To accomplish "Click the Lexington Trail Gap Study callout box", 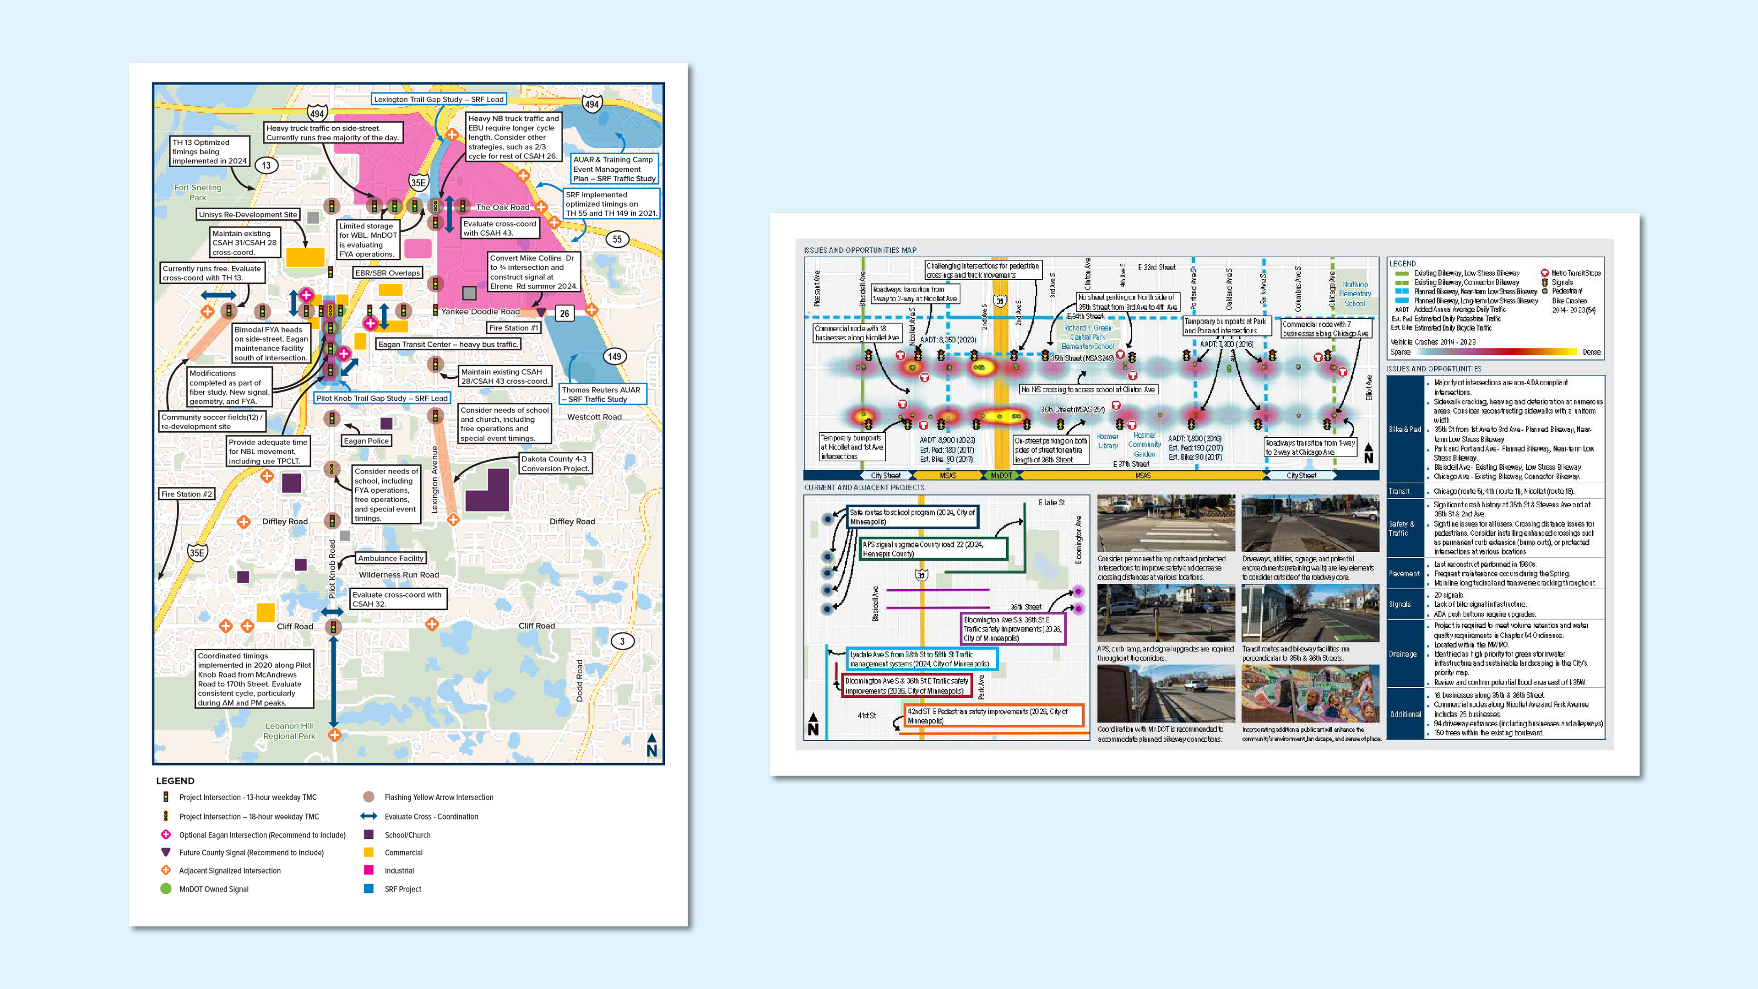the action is [x=439, y=99].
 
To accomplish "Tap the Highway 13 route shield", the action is [x=266, y=165].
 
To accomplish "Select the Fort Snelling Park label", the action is [x=197, y=192].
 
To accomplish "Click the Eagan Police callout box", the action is [x=366, y=441].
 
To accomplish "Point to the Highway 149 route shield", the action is [x=614, y=356].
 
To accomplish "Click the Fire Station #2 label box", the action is [x=187, y=494].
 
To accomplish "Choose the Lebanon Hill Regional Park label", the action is [x=289, y=731].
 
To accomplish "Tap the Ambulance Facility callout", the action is [x=391, y=558].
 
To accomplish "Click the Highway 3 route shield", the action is [x=622, y=641].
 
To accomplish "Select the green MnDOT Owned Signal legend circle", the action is [x=165, y=889].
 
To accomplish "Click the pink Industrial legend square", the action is [x=369, y=870].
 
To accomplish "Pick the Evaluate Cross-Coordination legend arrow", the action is [x=369, y=816].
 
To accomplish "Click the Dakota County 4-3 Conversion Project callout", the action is [x=555, y=463].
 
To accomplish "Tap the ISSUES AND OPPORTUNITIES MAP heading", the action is [x=860, y=250].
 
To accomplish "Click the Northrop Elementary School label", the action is [x=1355, y=293].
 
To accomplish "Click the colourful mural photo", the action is [x=1310, y=694].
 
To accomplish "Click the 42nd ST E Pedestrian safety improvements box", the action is [x=993, y=715].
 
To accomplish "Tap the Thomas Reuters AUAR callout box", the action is [x=601, y=395].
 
